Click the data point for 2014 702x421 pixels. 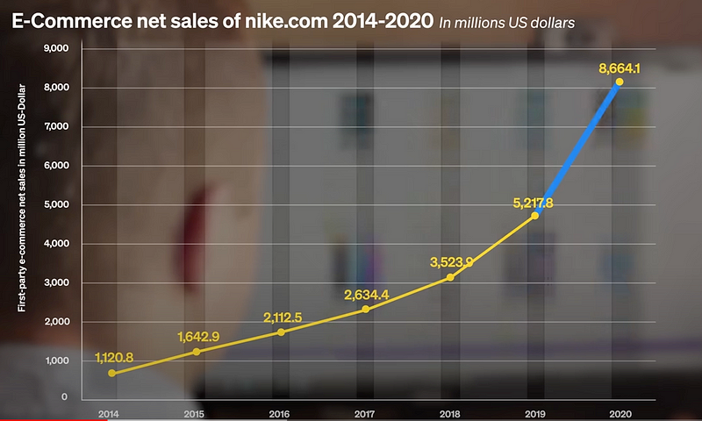[x=111, y=373]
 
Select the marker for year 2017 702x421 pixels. [x=365, y=310]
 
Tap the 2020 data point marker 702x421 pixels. [x=620, y=82]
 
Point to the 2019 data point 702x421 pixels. [x=534, y=215]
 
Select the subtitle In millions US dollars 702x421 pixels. [x=506, y=23]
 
